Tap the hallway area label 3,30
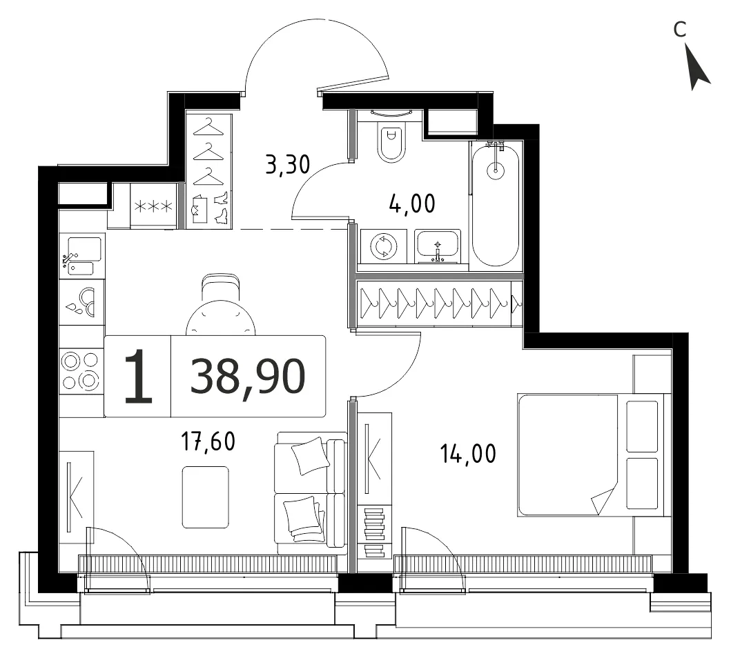pos(287,165)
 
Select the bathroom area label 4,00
pos(412,204)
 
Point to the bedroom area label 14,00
pos(468,454)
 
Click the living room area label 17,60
pos(208,441)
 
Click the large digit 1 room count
pos(138,377)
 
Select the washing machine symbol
pos(383,246)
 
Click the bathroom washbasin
pos(438,246)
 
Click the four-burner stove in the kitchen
pos(81,371)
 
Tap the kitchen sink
pos(82,255)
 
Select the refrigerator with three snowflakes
pos(153,206)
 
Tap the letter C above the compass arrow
pos(680,30)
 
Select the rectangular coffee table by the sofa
pos(206,497)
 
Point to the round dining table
pos(220,319)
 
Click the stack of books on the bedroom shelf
pos(374,532)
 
